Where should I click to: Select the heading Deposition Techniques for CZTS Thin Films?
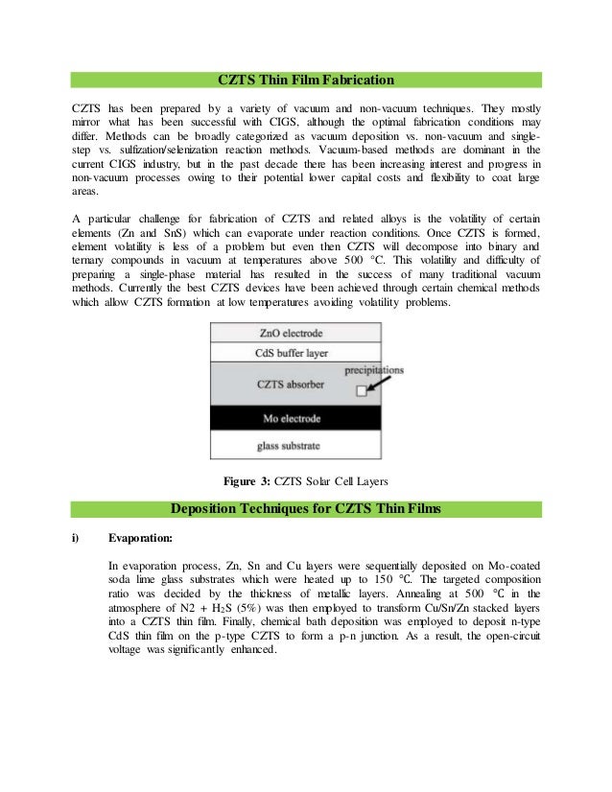coord(306,507)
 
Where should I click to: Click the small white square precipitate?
coord(361,391)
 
